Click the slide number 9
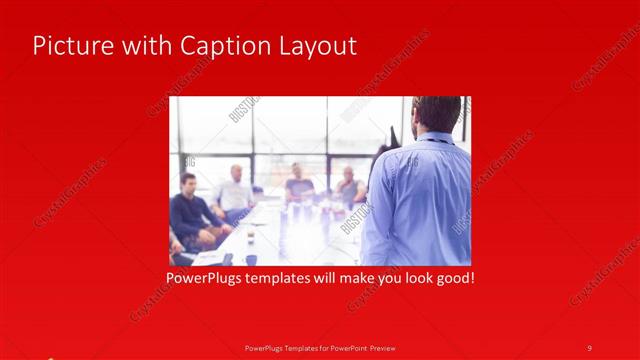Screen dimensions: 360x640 (589, 347)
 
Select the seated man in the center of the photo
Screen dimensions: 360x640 (298, 182)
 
